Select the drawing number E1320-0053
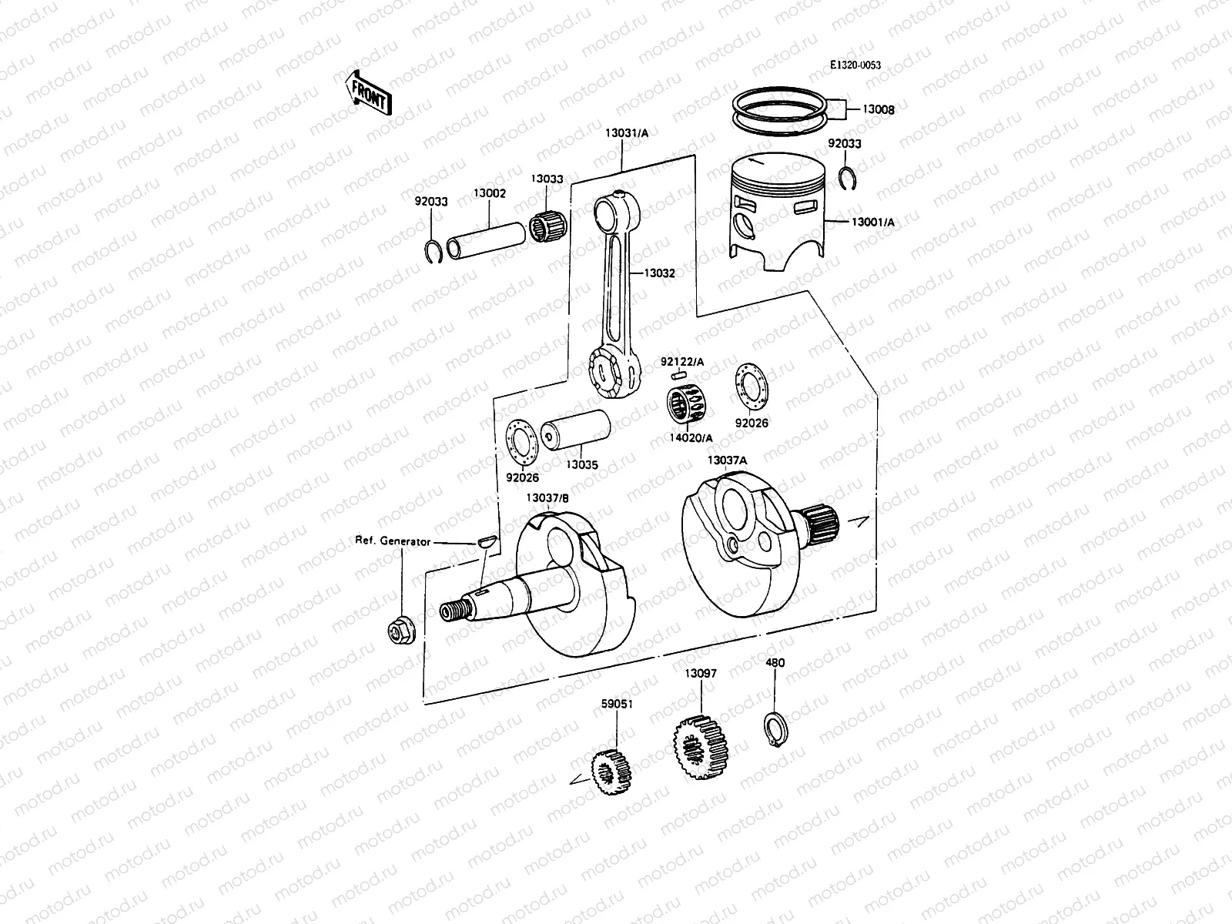(x=855, y=65)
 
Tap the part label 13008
(x=878, y=110)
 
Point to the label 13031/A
(x=626, y=133)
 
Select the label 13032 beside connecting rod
(x=659, y=273)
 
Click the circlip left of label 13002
(x=434, y=251)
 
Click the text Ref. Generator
(x=392, y=541)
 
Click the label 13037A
(x=727, y=460)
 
